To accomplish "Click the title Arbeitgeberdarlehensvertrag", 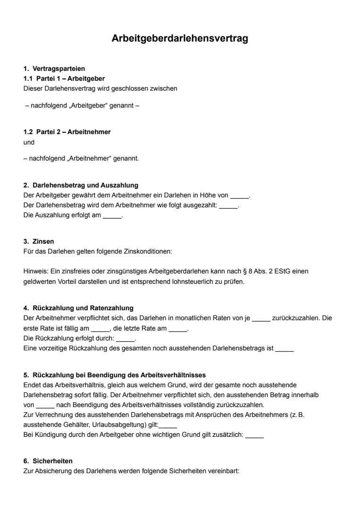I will pyautogui.click(x=180, y=39).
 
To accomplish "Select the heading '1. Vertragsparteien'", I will pyautogui.click(x=54, y=69).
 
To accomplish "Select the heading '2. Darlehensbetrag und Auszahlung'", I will pyautogui.click(x=80, y=186).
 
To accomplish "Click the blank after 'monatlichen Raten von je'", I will pyautogui.click(x=261, y=318).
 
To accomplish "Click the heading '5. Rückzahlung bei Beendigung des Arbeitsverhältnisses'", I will pyautogui.click(x=114, y=375).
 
